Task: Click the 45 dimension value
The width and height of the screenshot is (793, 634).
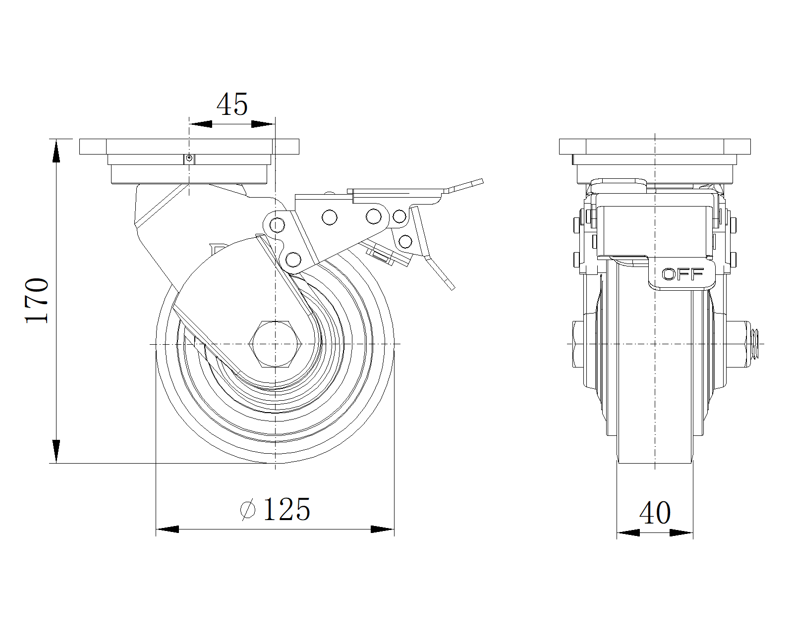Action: pos(232,105)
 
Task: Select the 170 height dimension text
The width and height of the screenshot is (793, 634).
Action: pos(37,301)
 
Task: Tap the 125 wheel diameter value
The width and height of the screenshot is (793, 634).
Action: pos(286,509)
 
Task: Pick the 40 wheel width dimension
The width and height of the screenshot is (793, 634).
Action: pos(655,513)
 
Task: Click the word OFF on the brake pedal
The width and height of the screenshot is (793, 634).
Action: pos(683,274)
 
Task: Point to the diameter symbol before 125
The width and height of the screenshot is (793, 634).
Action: pos(247,510)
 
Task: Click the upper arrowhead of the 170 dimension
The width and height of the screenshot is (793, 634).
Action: pos(57,151)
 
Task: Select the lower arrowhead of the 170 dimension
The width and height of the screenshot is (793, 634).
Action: pos(57,452)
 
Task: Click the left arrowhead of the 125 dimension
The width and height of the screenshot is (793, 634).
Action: pos(168,529)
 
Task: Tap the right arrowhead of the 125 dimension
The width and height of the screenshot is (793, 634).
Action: pos(383,529)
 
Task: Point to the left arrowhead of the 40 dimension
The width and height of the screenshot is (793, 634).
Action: pos(628,533)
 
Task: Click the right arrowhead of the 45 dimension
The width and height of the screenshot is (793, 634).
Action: pos(263,124)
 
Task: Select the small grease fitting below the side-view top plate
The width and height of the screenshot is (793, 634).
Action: pos(188,158)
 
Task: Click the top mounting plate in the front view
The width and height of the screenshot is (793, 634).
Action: pos(655,147)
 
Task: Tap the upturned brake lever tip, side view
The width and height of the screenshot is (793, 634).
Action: pos(466,185)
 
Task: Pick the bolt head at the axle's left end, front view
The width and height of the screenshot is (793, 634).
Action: pos(578,343)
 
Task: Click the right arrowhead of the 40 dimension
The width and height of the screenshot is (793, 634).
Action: pos(681,533)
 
